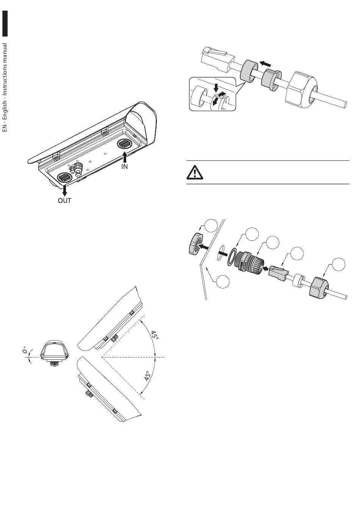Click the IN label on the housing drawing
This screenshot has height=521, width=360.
coord(124,166)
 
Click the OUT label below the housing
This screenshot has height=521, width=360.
coord(64,201)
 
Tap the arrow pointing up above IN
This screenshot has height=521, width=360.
coord(125,157)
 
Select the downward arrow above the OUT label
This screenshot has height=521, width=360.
coord(65,191)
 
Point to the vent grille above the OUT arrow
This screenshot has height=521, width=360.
coord(63,178)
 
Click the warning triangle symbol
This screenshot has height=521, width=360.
coord(194,173)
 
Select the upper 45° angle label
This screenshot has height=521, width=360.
coord(154,335)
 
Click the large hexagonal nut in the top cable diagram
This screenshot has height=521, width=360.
coord(301,89)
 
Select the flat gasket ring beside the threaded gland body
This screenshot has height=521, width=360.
coord(232,256)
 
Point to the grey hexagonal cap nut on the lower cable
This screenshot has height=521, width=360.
coord(319,286)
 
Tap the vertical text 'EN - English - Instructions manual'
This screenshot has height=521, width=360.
coord(5,87)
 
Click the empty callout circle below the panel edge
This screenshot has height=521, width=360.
coord(223,282)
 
